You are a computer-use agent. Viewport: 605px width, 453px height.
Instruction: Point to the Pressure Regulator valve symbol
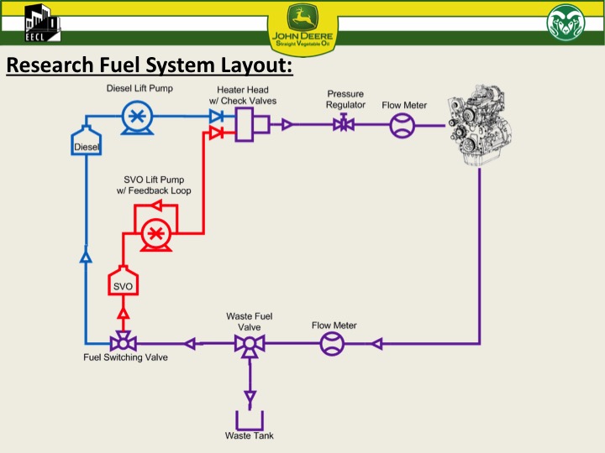tap(344, 125)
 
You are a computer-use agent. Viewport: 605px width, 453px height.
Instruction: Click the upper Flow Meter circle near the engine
tap(402, 126)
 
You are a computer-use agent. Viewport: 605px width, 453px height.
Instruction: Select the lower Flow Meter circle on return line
tap(332, 343)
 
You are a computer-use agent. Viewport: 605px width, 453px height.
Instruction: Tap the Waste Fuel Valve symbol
tap(250, 344)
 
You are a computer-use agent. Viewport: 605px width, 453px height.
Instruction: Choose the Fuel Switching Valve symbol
tap(123, 342)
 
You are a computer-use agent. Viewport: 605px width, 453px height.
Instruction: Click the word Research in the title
tap(47, 65)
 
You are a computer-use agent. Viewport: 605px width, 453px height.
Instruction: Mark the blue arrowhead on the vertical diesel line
tap(86, 256)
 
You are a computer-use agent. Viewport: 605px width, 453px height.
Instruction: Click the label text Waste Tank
tap(250, 436)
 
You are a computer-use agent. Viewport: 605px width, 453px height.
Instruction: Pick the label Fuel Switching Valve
tap(125, 358)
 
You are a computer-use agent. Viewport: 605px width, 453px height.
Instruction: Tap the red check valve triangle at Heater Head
tap(216, 133)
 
